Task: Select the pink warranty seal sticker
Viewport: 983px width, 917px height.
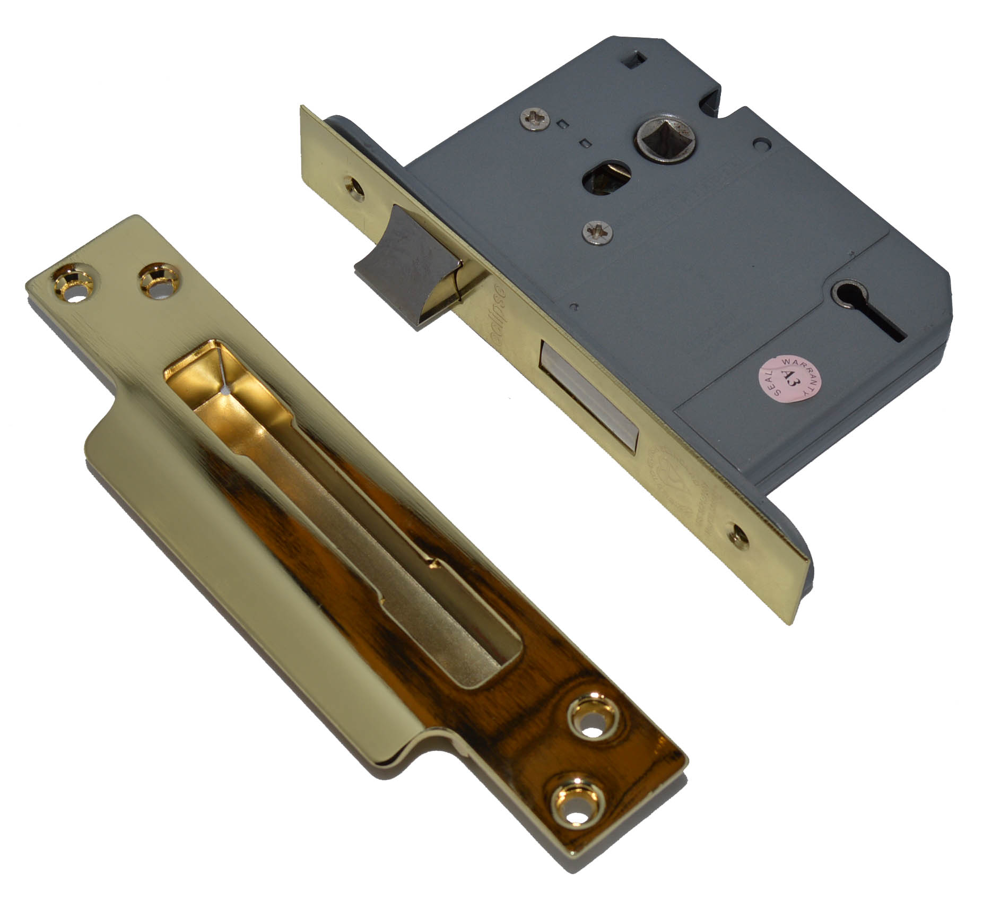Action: pos(785,379)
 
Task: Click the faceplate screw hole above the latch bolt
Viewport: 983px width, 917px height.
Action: pos(353,186)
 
